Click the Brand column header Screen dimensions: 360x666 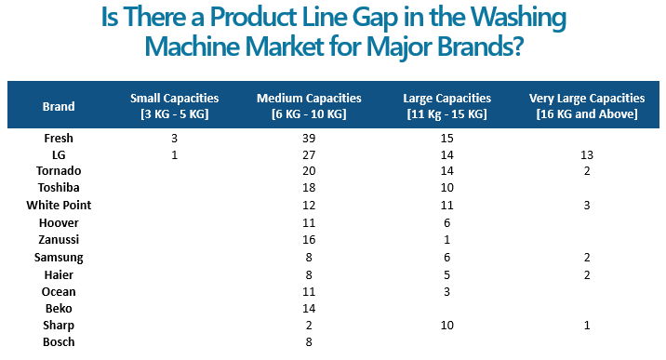(x=59, y=106)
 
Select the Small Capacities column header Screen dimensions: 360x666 (x=175, y=106)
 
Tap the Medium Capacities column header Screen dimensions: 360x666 (x=310, y=106)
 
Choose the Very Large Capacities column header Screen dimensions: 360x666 (x=586, y=106)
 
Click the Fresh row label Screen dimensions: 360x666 (x=59, y=138)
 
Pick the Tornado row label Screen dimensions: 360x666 (x=59, y=171)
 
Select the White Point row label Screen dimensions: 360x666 (x=59, y=205)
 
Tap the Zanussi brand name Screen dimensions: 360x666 (x=59, y=239)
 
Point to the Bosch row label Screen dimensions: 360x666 (x=59, y=341)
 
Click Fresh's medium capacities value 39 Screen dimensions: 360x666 (x=310, y=138)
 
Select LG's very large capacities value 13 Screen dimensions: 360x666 (x=586, y=154)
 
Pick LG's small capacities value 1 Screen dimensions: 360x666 (x=175, y=154)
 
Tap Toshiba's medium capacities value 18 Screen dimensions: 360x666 (x=310, y=188)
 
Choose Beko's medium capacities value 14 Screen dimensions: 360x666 (x=310, y=308)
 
